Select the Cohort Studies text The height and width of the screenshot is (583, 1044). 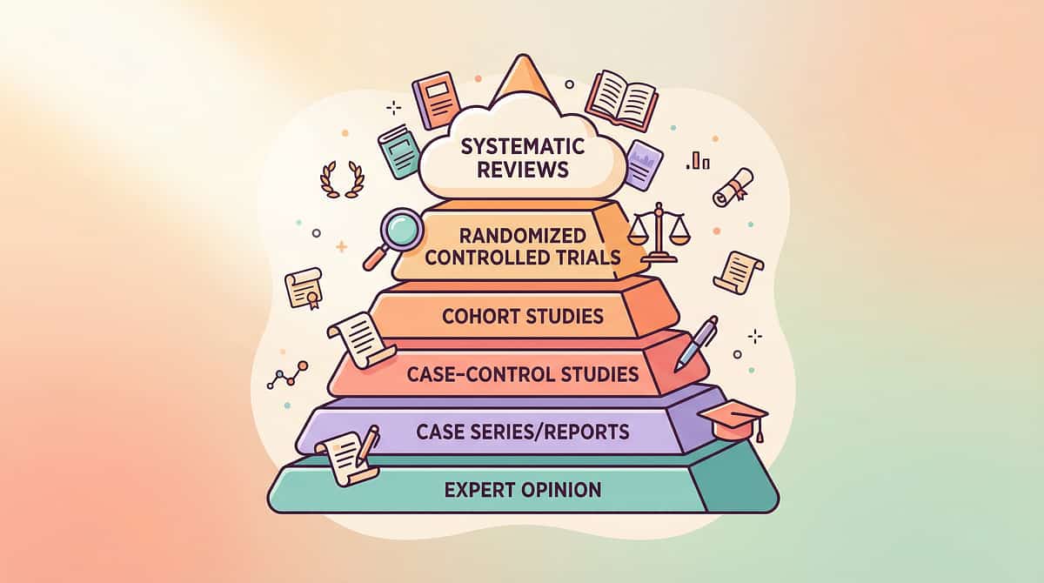[522, 315]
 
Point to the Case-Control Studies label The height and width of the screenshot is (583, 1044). [522, 375]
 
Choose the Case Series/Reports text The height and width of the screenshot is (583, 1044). [522, 431]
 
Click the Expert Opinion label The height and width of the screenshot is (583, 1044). [522, 490]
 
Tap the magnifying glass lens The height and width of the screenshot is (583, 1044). [401, 231]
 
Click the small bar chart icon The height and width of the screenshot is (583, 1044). [698, 160]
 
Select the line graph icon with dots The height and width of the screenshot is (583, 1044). [288, 375]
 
